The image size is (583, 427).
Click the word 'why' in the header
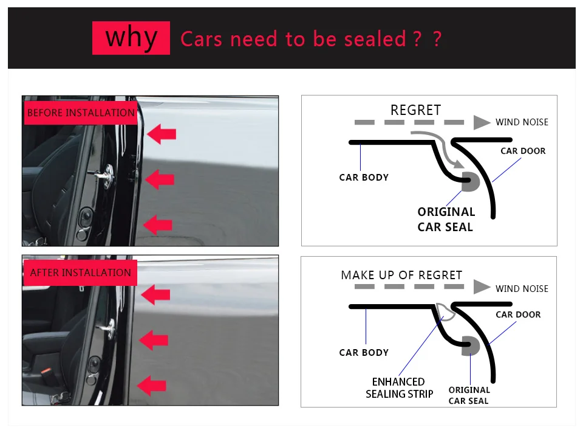131,38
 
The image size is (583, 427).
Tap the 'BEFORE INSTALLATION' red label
81,113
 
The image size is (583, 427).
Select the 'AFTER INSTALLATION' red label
80,273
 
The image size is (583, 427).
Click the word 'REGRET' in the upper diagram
415,110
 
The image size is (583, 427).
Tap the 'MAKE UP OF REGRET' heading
401,275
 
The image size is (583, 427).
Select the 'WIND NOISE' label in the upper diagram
522,122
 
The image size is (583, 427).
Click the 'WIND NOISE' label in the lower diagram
522,289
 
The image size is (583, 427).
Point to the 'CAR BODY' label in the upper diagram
364,178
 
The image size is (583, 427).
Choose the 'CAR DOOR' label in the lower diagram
518,314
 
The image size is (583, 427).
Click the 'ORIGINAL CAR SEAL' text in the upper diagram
446,219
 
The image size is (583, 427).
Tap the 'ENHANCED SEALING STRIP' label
399,387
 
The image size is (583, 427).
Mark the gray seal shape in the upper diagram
470,181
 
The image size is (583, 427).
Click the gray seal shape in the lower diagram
471,345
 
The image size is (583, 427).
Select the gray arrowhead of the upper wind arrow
482,122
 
